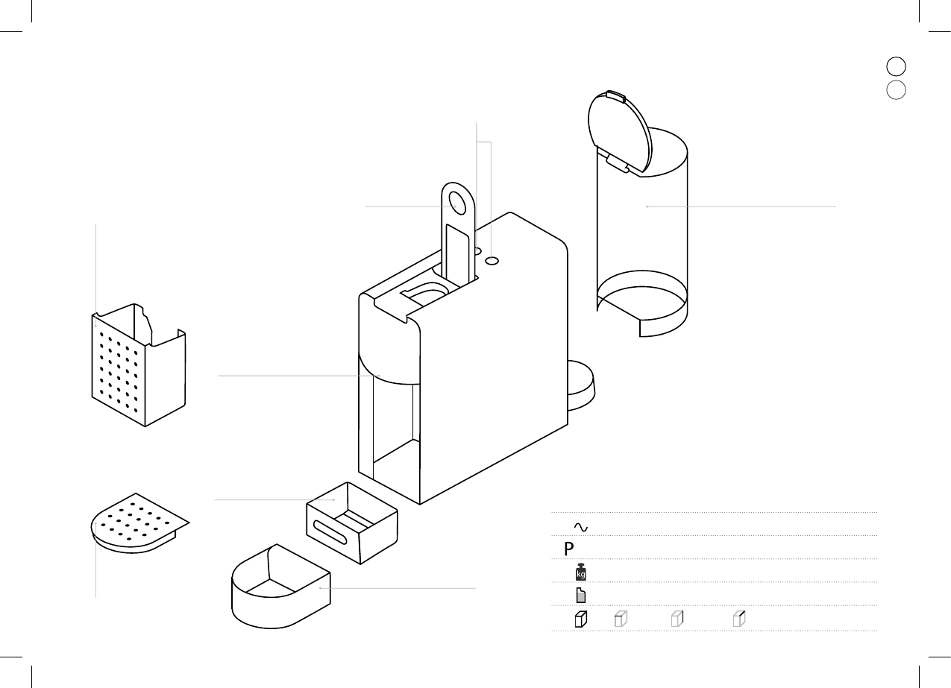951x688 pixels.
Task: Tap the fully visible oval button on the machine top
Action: [492, 261]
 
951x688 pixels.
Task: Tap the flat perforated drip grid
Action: [138, 521]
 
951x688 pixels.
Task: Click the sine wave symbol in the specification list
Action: [581, 528]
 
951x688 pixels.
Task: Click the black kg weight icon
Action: [581, 572]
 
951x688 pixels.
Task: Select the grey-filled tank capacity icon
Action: [581, 596]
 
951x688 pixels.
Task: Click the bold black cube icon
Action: [581, 619]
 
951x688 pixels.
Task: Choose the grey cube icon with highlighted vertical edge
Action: [677, 619]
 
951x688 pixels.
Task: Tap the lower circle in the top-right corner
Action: [896, 90]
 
